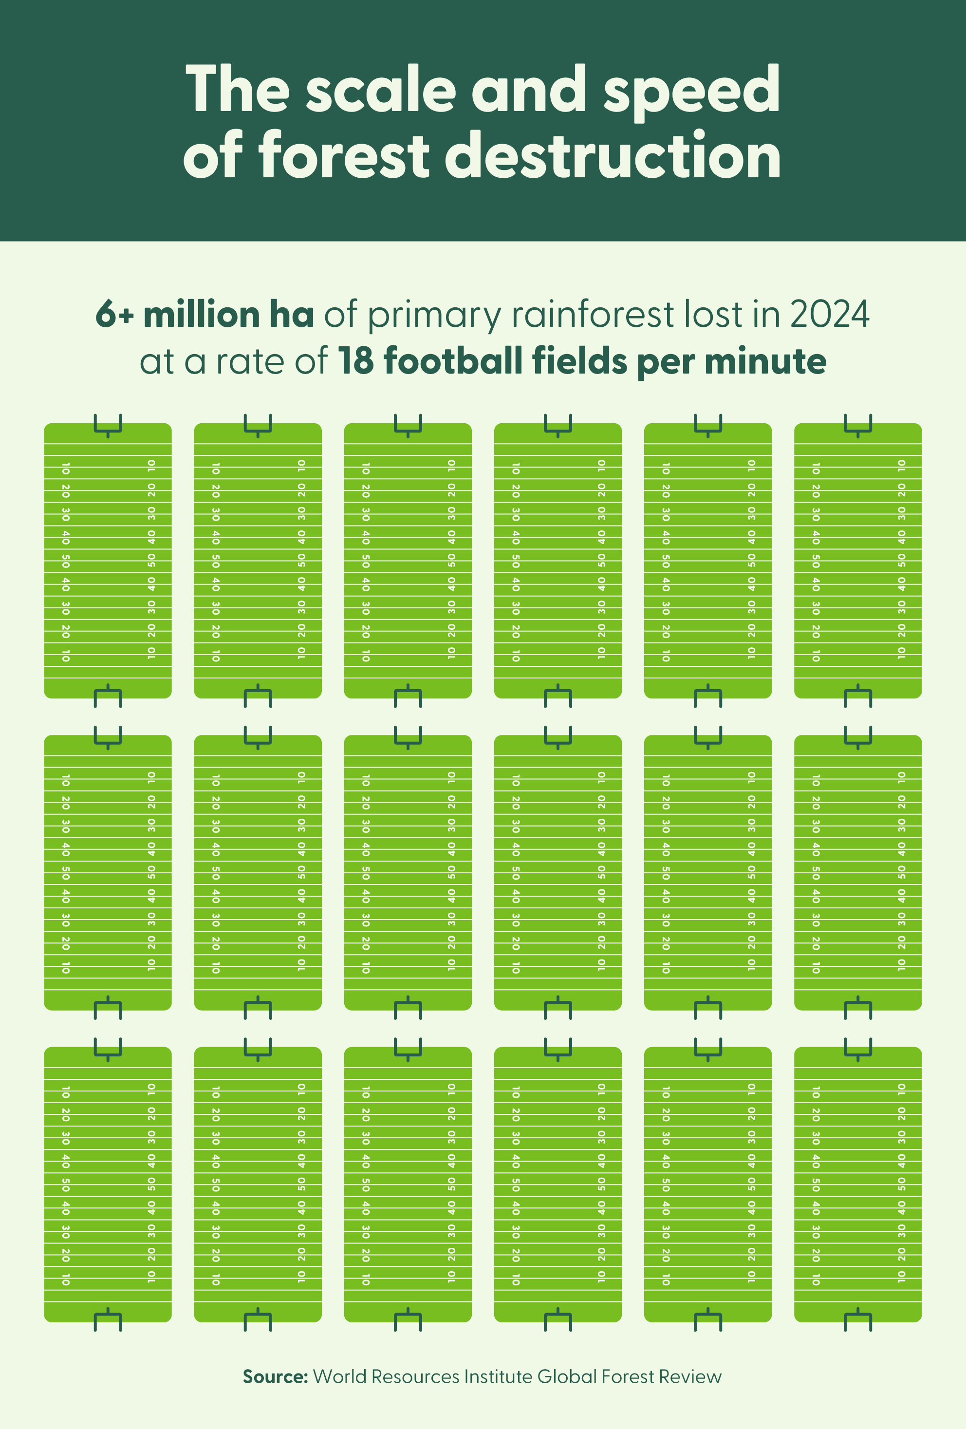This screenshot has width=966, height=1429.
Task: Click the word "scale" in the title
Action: (381, 91)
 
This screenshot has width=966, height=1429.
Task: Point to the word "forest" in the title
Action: (344, 156)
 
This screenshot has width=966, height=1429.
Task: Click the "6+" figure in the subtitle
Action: (114, 315)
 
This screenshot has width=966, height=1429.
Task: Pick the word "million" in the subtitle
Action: (202, 315)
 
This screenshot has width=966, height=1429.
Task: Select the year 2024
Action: (830, 315)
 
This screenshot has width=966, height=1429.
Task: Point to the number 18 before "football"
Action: (356, 361)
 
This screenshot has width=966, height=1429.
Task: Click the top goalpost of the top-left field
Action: (108, 425)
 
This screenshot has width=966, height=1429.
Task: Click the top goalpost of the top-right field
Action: (858, 425)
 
